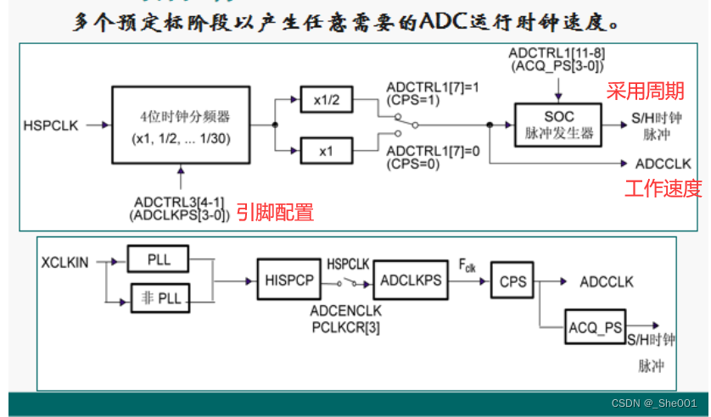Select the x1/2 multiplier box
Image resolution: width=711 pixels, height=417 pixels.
(325, 101)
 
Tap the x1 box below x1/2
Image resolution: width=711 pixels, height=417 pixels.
(325, 150)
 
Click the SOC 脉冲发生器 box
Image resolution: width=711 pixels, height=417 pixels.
(557, 125)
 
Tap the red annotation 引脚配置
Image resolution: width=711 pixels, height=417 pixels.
(275, 212)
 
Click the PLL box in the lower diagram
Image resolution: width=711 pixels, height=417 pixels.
(159, 259)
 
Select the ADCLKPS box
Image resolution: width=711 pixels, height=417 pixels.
(411, 280)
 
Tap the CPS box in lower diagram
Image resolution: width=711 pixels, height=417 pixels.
(512, 280)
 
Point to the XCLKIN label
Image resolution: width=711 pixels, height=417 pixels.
(64, 263)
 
